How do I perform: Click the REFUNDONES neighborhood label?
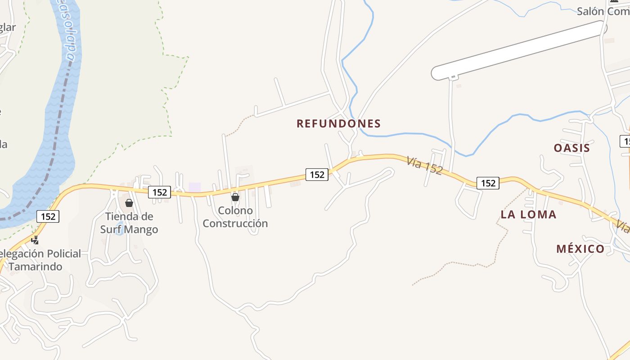point(338,124)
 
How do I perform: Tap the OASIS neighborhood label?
point(571,148)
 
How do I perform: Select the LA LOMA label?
point(528,215)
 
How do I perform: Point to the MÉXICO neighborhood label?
point(580,249)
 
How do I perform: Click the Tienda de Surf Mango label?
point(129,223)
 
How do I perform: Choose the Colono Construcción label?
point(235,217)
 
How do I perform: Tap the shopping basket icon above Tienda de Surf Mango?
point(129,203)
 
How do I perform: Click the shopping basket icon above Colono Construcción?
point(235,197)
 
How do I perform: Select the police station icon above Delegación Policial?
point(35,240)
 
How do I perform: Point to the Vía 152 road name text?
point(424,165)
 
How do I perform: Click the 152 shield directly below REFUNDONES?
point(317,175)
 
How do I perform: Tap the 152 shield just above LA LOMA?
point(488,183)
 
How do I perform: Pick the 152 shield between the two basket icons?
point(159,193)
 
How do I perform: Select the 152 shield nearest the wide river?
point(48,216)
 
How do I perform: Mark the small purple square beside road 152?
point(194,187)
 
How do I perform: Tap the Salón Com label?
point(603,12)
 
